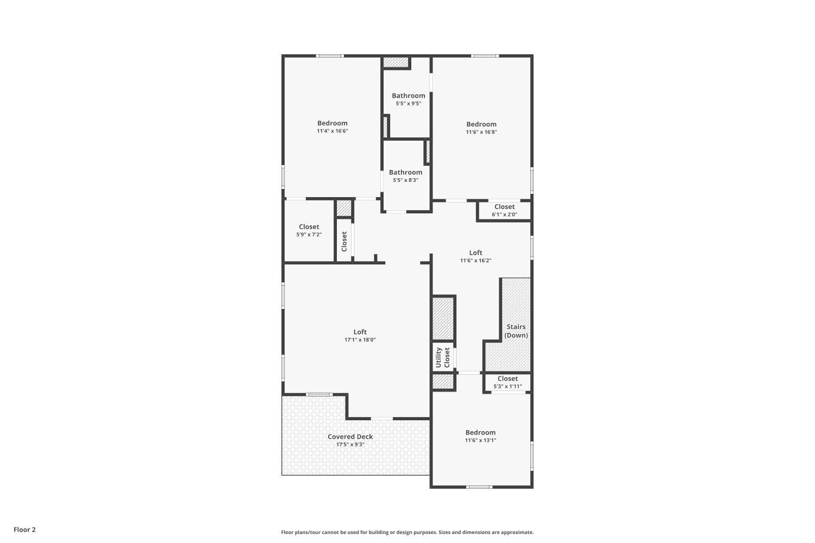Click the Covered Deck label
(350, 437)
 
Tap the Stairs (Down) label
(516, 331)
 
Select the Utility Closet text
(443, 357)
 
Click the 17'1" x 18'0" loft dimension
(360, 340)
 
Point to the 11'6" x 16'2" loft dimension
(475, 261)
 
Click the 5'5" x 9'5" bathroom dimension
(408, 104)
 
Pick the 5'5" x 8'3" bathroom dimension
(405, 180)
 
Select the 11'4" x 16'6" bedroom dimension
(332, 131)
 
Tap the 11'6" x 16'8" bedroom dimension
(481, 132)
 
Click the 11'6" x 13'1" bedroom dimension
(480, 440)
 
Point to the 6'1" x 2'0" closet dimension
(504, 214)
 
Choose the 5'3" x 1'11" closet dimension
(507, 387)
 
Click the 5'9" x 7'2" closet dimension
(309, 235)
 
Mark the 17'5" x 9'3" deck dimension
(350, 445)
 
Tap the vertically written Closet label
(344, 242)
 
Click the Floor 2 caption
(24, 529)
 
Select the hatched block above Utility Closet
(443, 318)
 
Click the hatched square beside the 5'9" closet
(344, 209)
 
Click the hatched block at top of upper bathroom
(395, 62)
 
